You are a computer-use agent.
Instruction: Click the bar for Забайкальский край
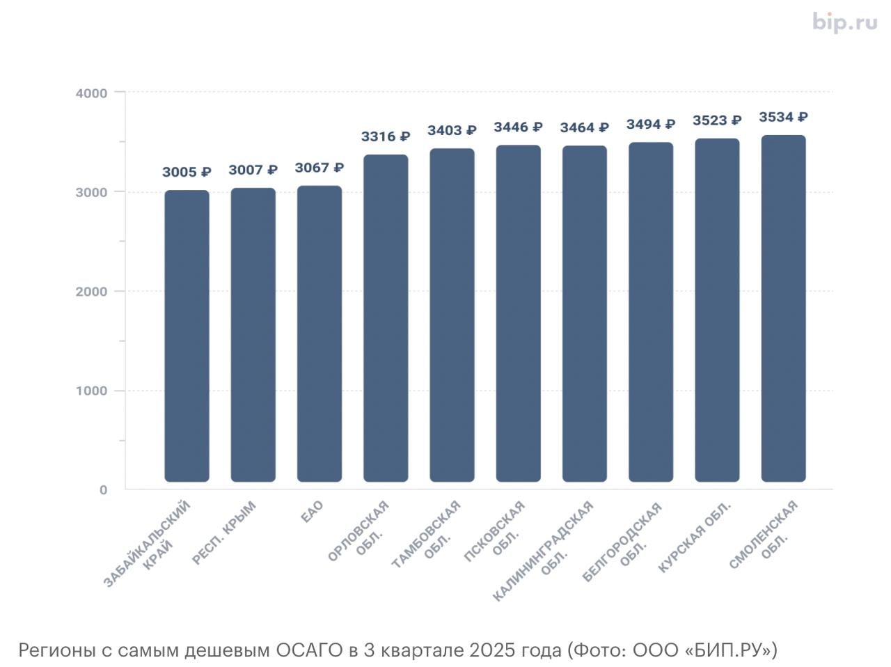[x=187, y=336]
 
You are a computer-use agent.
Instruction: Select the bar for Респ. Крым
[x=253, y=335]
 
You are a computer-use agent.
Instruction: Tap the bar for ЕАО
[x=320, y=333]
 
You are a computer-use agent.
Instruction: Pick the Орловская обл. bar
[x=386, y=318]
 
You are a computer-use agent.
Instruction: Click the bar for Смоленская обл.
[x=783, y=308]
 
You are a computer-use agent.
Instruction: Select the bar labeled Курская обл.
[x=717, y=310]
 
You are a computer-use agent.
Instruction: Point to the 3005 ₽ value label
[x=187, y=172]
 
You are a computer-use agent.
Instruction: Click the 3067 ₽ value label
[x=320, y=168]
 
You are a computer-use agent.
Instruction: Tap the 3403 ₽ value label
[x=452, y=130]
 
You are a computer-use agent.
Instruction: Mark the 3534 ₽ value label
[x=783, y=117]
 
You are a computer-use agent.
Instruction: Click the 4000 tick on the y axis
[x=91, y=93]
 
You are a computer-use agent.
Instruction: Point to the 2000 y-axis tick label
[x=91, y=292]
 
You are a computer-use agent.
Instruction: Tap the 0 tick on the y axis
[x=103, y=490]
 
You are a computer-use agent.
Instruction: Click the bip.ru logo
[x=844, y=22]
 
